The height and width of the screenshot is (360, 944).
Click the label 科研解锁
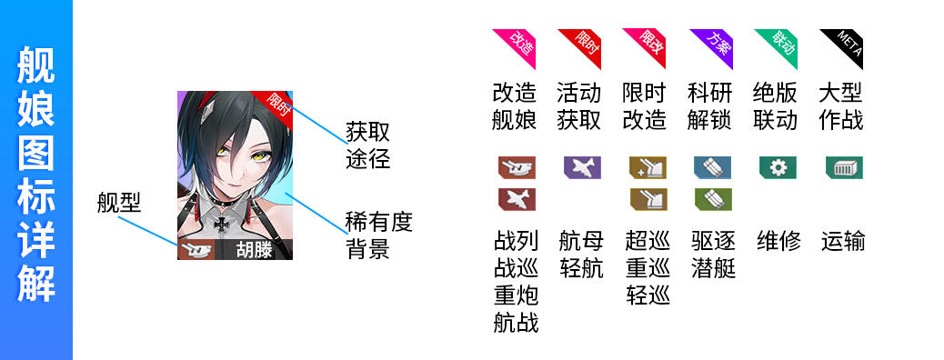click(x=709, y=107)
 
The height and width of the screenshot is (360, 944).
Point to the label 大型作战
click(x=841, y=107)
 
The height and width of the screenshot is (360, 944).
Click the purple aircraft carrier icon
click(x=582, y=167)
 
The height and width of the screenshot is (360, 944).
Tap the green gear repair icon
click(x=778, y=167)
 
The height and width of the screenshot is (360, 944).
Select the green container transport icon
click(x=844, y=167)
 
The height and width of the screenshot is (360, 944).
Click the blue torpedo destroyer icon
click(x=713, y=167)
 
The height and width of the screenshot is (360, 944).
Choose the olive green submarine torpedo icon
click(x=713, y=199)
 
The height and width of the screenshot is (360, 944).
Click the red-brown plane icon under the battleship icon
click(x=517, y=199)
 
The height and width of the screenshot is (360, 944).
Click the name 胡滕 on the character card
click(x=254, y=250)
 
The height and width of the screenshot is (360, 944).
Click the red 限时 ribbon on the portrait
click(x=276, y=105)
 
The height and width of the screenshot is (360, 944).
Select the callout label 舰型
click(x=118, y=204)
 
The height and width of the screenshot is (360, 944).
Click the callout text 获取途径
click(x=367, y=145)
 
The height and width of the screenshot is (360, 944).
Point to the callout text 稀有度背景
click(x=378, y=235)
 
